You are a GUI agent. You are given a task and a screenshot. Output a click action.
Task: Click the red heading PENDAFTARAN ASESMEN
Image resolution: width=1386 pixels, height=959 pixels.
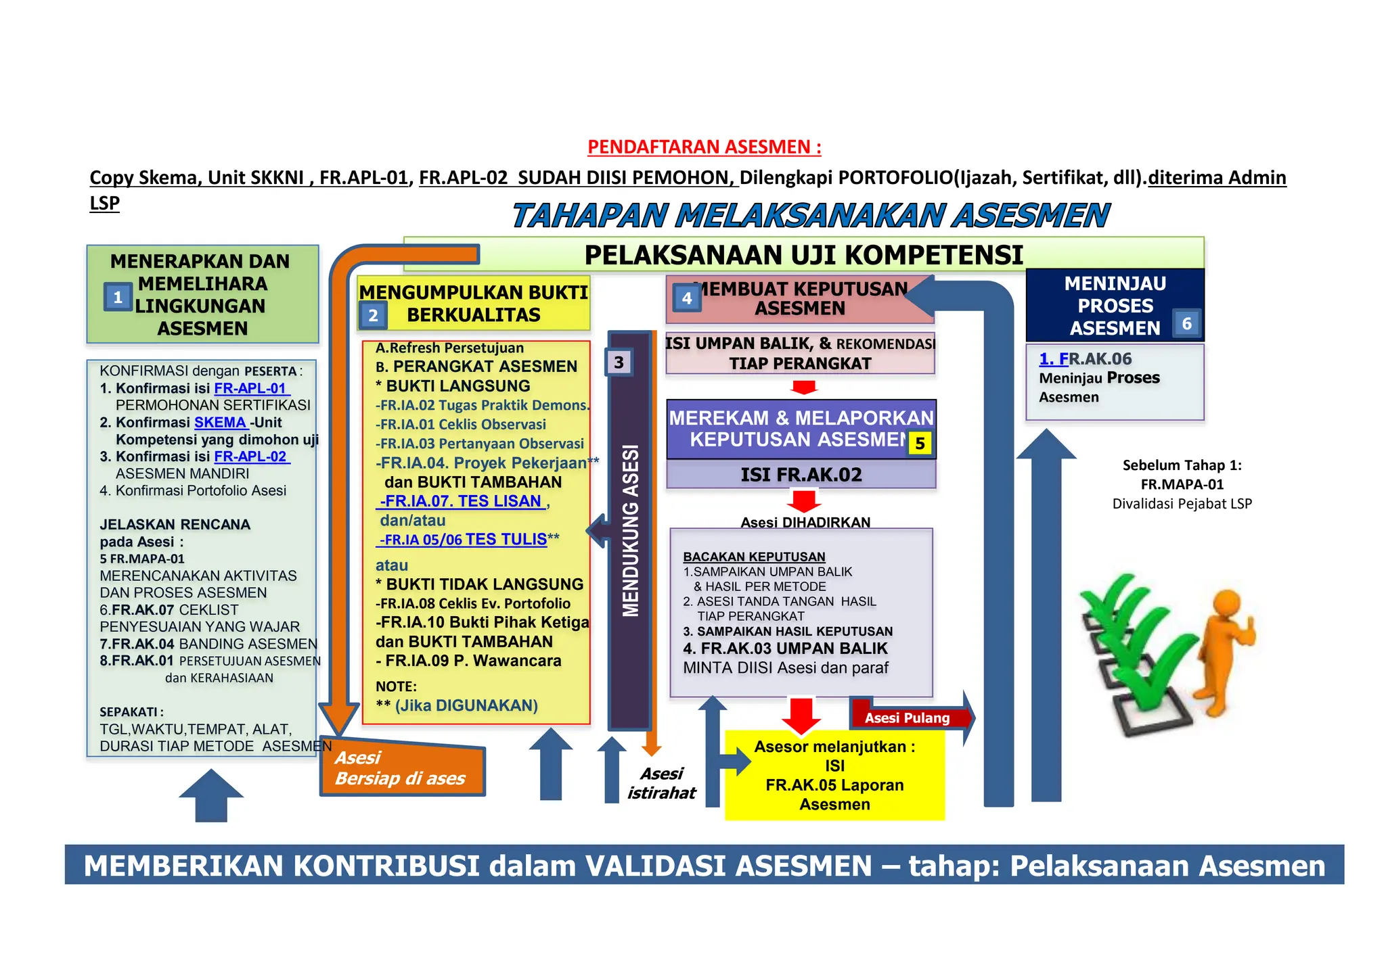tap(704, 147)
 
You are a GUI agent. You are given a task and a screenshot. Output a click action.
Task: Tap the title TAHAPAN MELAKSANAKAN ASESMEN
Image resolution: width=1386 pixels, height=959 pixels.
tap(809, 216)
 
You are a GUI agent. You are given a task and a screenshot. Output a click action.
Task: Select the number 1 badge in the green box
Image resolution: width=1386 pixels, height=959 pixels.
tap(118, 297)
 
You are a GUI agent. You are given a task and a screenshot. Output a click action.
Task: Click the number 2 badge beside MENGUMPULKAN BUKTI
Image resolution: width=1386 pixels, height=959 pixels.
tap(373, 315)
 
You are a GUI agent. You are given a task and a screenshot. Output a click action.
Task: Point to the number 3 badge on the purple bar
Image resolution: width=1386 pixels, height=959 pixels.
tap(619, 362)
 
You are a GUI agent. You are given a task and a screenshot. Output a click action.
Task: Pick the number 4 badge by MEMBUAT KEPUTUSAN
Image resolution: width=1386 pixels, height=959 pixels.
tap(687, 298)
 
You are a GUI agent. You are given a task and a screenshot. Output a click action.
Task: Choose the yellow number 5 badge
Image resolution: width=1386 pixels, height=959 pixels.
tap(920, 444)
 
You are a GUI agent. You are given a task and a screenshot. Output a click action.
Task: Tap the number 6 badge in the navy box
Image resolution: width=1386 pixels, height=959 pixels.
tap(1186, 324)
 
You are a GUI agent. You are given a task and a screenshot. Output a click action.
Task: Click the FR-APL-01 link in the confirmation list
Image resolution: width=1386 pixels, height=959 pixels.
tap(251, 388)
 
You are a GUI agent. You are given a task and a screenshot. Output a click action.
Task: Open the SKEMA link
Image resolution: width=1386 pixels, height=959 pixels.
tap(221, 423)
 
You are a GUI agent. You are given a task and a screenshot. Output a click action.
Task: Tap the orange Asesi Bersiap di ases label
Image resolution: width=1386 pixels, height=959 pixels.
tap(401, 768)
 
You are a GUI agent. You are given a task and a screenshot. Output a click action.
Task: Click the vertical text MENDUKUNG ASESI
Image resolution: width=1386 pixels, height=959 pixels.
tap(631, 531)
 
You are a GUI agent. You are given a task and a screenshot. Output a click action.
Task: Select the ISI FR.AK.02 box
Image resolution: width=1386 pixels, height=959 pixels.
tap(801, 475)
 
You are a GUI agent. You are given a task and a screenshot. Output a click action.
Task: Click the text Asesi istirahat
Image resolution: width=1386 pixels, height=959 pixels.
tap(661, 783)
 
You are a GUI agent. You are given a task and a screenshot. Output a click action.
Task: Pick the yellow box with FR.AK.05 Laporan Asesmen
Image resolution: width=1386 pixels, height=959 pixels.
tap(834, 775)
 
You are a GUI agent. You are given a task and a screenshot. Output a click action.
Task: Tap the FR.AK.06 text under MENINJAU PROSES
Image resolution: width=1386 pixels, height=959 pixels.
tap(1086, 359)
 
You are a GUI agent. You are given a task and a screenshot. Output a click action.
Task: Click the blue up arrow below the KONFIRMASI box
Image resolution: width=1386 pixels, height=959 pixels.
tap(211, 795)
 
